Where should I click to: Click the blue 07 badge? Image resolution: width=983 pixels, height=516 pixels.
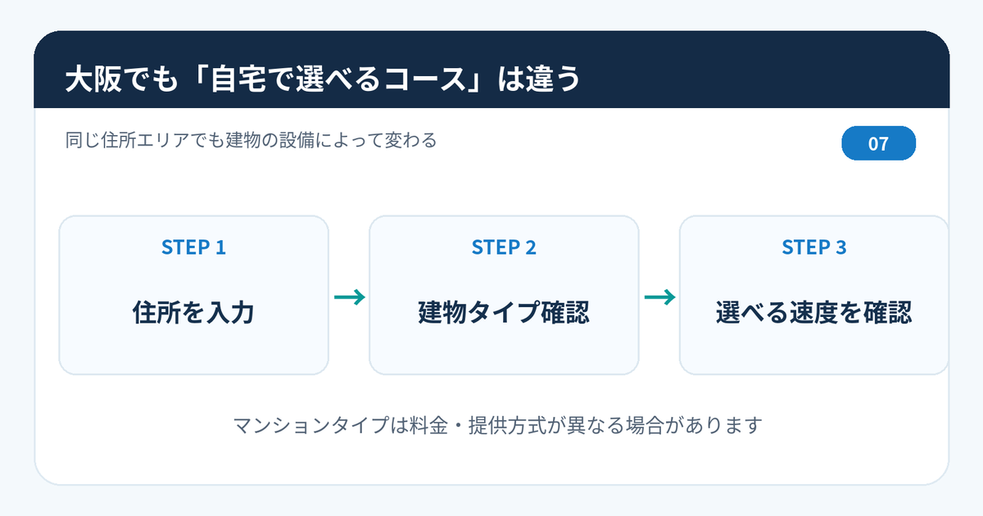(x=878, y=143)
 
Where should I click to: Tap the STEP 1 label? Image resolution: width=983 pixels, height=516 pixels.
(x=193, y=247)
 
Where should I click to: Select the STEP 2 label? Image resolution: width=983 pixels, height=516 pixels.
(x=504, y=247)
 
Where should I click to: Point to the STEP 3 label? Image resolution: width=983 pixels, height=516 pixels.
(x=814, y=247)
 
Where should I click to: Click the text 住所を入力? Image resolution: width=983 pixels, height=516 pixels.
(x=193, y=312)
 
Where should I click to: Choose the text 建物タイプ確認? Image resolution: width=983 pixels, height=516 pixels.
(x=504, y=312)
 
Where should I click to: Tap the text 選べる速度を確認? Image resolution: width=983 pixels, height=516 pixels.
(x=814, y=312)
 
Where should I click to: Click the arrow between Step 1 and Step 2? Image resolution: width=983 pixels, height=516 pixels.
(x=349, y=297)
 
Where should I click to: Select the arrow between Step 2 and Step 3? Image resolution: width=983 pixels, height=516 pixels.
(x=659, y=297)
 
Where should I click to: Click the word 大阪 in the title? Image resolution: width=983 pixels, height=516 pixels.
(x=93, y=79)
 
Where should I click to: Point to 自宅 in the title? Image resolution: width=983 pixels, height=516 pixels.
(x=238, y=79)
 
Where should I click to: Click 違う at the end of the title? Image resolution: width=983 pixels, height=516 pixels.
(x=553, y=79)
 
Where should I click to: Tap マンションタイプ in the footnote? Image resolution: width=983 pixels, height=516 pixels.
(x=310, y=425)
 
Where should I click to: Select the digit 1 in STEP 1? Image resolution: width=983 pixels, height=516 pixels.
(x=220, y=247)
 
